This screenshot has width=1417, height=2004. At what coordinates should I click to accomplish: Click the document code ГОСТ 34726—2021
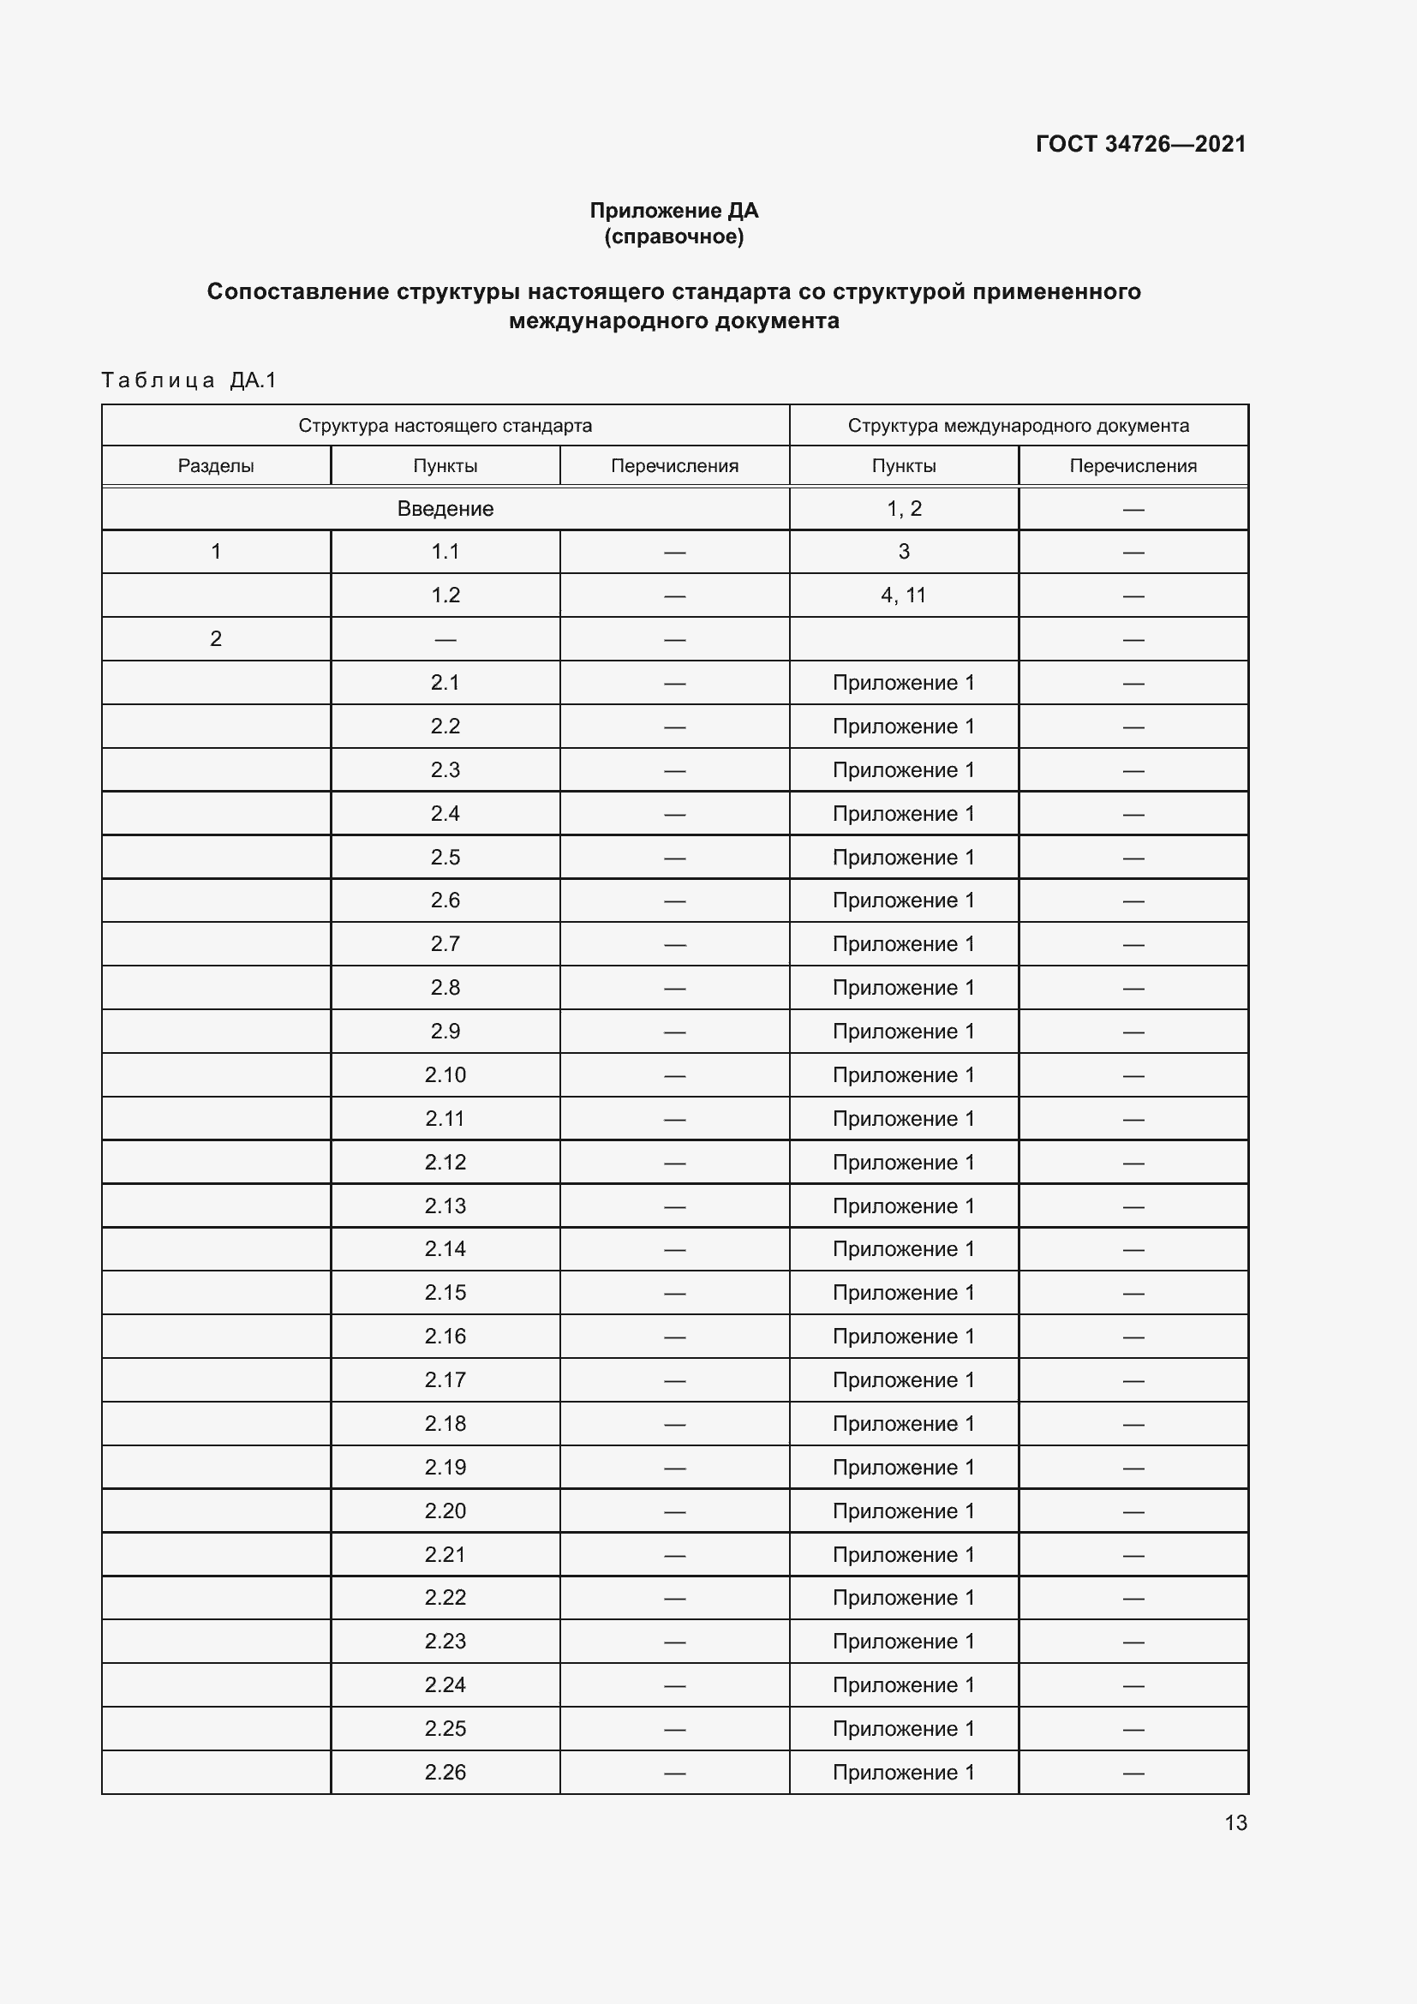pos(1140,144)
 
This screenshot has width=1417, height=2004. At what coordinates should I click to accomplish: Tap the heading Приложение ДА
pos(673,211)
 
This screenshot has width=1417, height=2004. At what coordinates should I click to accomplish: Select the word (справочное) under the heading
pos(673,236)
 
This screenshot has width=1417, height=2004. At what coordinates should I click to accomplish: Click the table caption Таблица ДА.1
pos(188,380)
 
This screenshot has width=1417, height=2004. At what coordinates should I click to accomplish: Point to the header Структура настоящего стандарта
pos(445,426)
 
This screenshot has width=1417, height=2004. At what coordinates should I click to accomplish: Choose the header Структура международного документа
pos(1019,426)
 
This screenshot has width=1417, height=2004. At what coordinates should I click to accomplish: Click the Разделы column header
pos(216,466)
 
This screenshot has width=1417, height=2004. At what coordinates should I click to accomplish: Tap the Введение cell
pos(445,509)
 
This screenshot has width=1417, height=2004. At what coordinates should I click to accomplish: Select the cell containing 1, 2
pos(904,509)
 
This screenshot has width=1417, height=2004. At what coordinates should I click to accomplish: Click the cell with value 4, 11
pos(903,595)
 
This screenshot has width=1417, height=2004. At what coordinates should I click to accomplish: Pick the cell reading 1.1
pos(445,552)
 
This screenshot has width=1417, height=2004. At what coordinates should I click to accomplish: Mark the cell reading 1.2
pos(445,595)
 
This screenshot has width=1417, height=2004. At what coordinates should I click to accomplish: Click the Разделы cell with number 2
pos(216,639)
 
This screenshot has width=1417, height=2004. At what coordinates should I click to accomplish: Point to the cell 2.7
pos(445,943)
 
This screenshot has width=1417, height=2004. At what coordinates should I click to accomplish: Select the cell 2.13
pos(445,1205)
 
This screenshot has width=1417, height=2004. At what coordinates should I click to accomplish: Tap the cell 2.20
pos(445,1510)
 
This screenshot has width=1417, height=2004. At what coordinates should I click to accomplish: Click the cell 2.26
pos(445,1772)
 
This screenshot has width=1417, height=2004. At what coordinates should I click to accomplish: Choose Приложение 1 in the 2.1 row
pos(903,683)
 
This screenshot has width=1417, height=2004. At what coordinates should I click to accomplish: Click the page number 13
pos(1235,1822)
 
